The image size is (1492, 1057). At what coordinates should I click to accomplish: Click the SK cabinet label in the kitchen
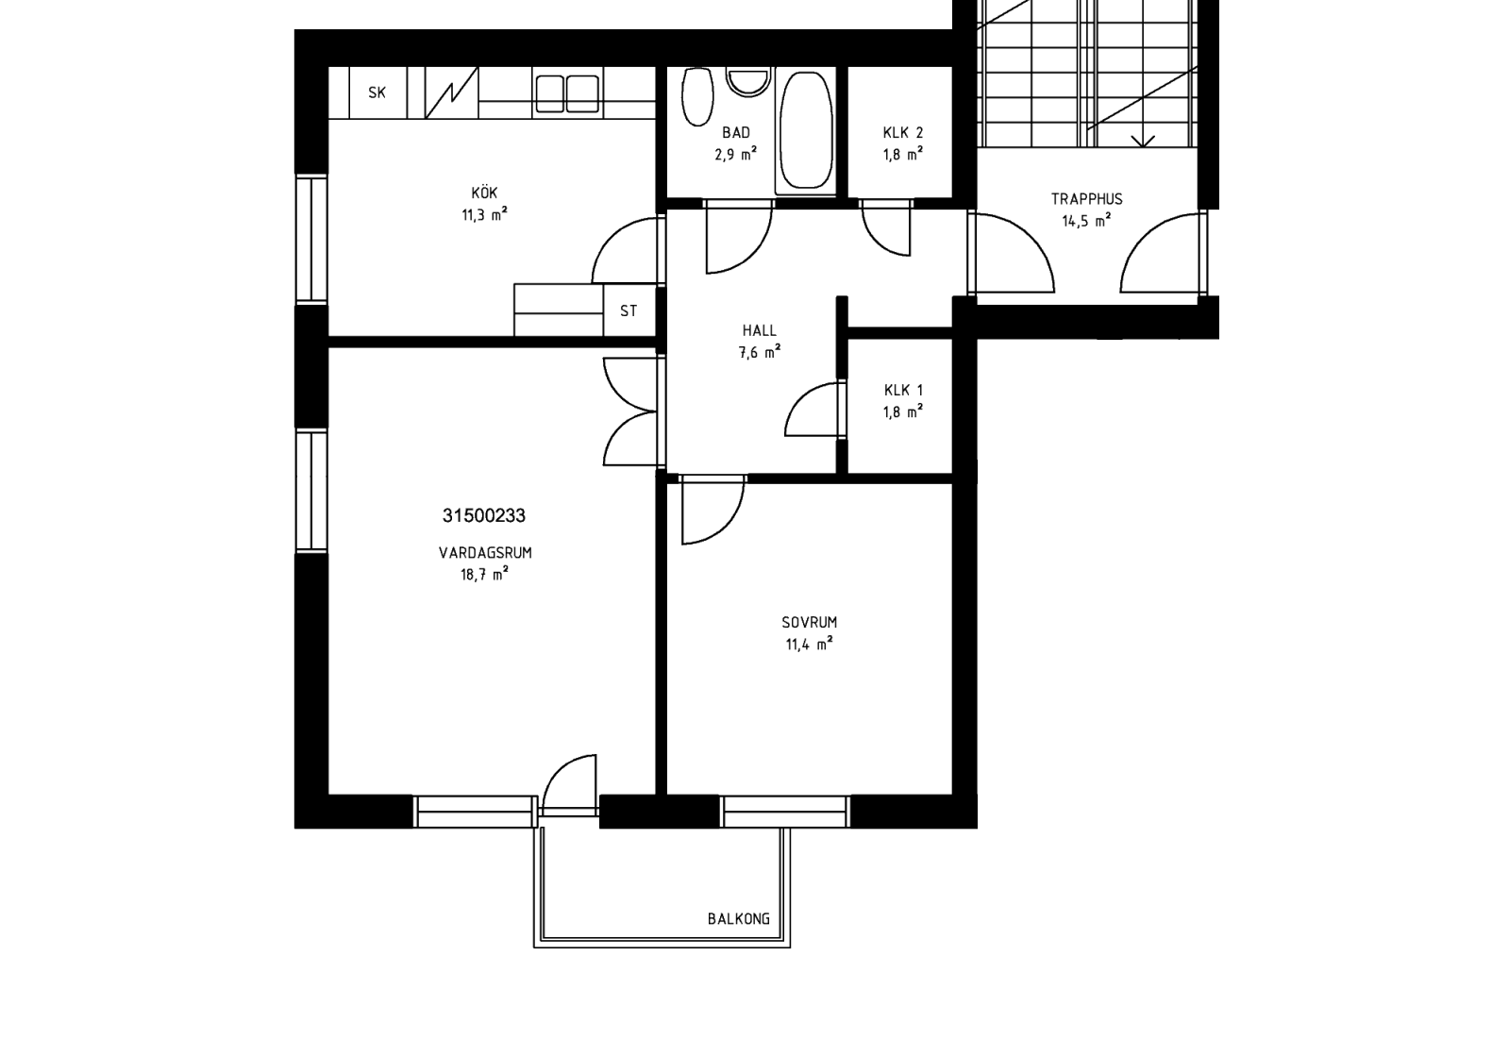point(377,92)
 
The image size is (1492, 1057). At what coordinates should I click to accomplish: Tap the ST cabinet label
point(629,311)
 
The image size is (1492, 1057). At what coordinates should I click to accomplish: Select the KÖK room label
point(484,193)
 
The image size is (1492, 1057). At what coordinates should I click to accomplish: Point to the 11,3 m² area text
point(485,214)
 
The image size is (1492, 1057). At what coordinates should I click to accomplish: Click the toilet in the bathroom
point(697,96)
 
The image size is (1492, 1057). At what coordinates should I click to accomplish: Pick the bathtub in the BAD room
point(806,130)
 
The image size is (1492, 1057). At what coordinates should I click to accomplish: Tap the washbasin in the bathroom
point(748,81)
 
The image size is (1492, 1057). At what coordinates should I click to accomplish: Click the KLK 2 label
point(903,132)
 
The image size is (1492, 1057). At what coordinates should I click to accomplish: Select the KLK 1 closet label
point(903,390)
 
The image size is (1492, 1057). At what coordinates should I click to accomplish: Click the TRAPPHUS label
point(1086,199)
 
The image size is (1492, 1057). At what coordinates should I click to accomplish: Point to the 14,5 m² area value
point(1086,221)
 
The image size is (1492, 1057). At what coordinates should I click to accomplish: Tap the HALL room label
point(760,330)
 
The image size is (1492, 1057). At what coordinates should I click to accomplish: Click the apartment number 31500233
point(484,515)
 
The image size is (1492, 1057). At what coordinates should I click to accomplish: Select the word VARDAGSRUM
point(485,553)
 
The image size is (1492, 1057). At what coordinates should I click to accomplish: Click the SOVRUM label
point(810,623)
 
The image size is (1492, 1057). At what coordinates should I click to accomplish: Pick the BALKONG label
point(739,919)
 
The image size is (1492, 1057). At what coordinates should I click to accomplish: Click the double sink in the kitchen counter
point(567,94)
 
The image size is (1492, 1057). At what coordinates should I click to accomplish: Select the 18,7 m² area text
point(485,574)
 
